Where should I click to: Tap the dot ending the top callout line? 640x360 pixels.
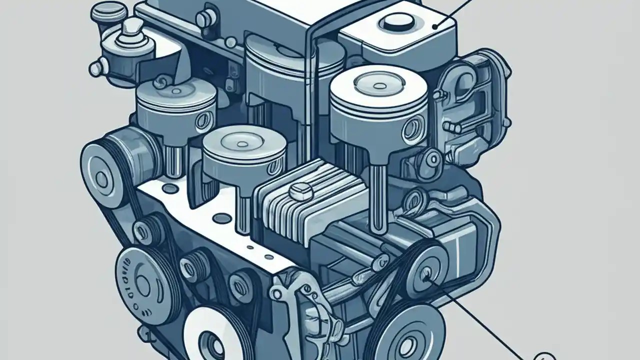(x=435, y=27)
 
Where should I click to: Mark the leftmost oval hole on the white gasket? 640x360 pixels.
(x=170, y=188)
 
